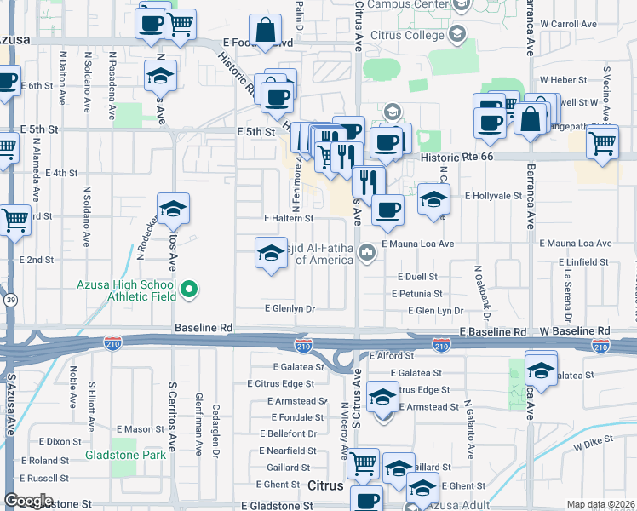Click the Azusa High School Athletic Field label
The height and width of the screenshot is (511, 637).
point(127,290)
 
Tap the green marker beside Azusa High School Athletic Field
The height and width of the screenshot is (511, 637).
point(189,290)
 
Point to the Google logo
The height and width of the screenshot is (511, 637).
point(28,501)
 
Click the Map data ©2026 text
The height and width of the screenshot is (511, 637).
point(600,504)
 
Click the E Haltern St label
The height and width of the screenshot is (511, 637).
point(289,219)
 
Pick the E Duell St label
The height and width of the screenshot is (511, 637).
point(416,277)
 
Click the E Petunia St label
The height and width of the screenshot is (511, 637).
point(416,294)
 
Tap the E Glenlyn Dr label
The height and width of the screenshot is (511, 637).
point(290,309)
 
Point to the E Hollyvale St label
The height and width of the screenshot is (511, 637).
point(492,195)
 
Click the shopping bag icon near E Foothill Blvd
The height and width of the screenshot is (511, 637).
point(266,31)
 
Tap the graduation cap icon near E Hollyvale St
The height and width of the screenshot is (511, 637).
point(433,201)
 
